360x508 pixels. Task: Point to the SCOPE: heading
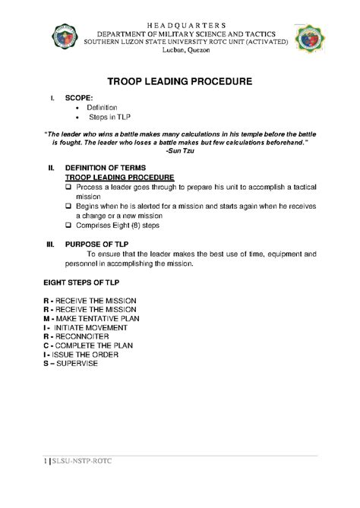click(x=81, y=99)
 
